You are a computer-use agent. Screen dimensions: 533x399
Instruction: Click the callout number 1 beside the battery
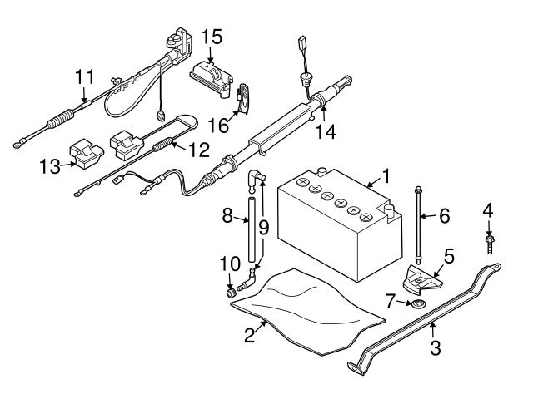pos(386,176)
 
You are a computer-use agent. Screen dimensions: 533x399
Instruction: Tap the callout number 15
pos(212,37)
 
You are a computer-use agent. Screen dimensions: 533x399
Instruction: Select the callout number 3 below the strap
pos(436,347)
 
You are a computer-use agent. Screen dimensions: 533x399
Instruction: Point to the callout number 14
pos(326,131)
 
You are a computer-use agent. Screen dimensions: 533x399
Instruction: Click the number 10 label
pos(230,264)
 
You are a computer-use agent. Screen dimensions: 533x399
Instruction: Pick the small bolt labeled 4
pos(490,244)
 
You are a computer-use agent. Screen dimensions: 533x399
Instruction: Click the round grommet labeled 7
pos(418,303)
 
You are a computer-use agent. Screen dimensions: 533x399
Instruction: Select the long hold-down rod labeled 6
pos(419,224)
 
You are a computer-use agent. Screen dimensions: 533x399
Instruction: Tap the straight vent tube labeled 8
pos(252,229)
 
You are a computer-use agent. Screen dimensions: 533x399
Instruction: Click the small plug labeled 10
pos(232,293)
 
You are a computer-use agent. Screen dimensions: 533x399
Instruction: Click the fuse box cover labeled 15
pos(212,79)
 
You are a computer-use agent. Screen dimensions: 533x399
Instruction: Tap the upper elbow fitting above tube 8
pos(256,180)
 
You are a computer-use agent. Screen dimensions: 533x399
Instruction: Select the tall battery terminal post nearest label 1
pos(390,213)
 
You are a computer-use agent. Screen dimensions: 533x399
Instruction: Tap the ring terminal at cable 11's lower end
pos(17,145)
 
